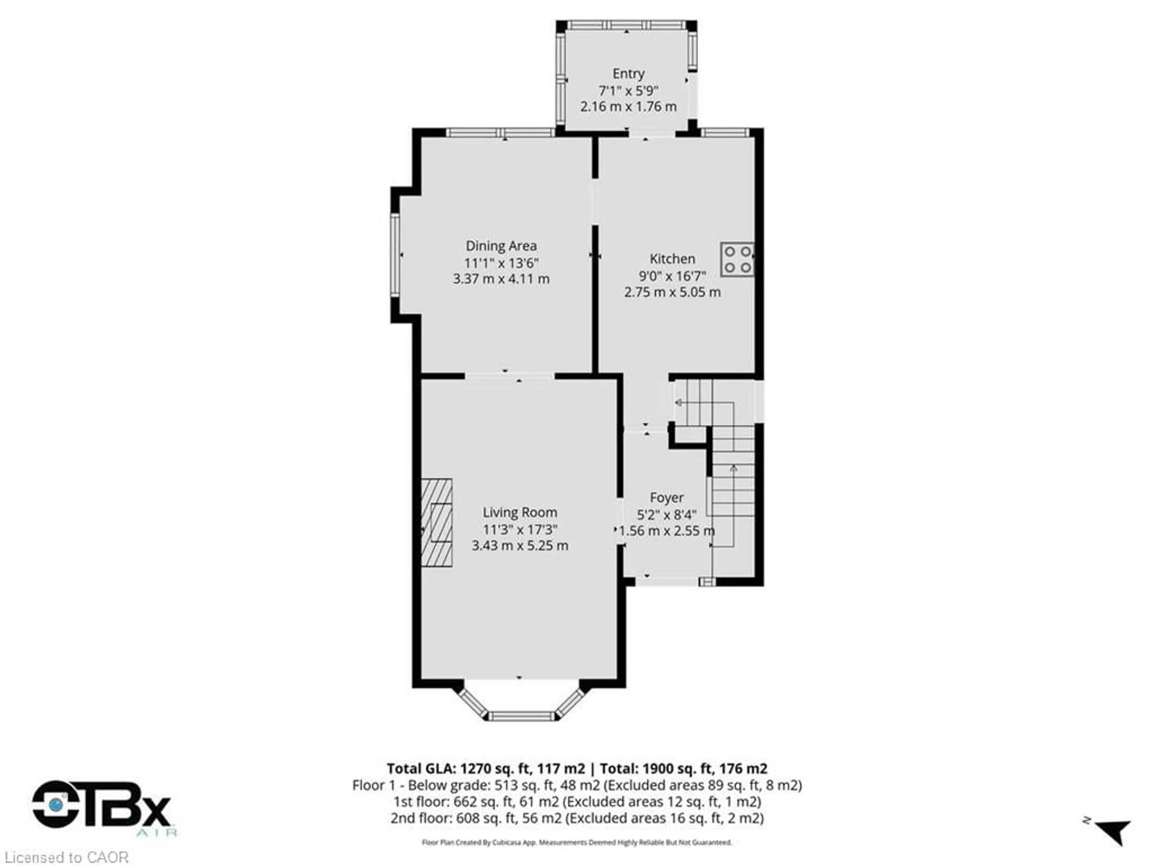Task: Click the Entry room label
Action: click(628, 74)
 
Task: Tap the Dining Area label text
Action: click(501, 246)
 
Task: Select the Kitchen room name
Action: click(672, 259)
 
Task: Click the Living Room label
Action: click(520, 513)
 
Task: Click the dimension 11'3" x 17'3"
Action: click(520, 529)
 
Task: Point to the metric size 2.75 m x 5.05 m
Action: click(672, 292)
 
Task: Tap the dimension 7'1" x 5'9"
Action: click(628, 91)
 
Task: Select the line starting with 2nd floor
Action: click(576, 818)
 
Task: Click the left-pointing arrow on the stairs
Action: click(679, 402)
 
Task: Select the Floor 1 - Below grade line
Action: click(576, 785)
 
